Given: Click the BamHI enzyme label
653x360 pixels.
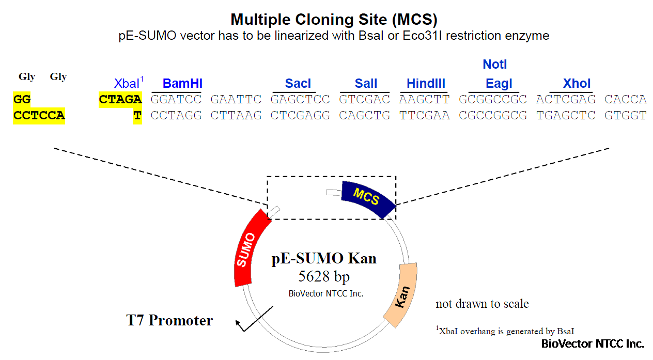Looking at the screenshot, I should [182, 84].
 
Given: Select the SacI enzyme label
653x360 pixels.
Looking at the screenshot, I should [298, 84].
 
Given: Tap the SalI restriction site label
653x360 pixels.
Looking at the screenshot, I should [366, 84].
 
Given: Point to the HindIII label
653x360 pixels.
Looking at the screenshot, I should [426, 84].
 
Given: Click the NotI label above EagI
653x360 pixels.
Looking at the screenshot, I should [495, 65].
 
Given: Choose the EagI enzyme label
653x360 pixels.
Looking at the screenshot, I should [499, 84].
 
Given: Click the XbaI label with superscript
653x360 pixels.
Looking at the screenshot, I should [129, 83].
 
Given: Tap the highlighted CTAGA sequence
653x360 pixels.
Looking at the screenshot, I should [120, 99].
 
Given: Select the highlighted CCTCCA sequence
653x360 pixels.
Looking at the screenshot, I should [39, 115].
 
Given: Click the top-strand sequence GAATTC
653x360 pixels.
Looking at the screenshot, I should [236, 99].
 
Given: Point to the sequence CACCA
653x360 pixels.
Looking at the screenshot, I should [626, 99].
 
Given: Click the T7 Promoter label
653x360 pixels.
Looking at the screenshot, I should [169, 320].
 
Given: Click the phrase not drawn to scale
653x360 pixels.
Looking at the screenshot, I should [482, 304].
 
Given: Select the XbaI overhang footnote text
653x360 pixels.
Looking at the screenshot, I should [505, 331].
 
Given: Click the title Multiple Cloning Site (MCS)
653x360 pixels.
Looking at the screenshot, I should [334, 20].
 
